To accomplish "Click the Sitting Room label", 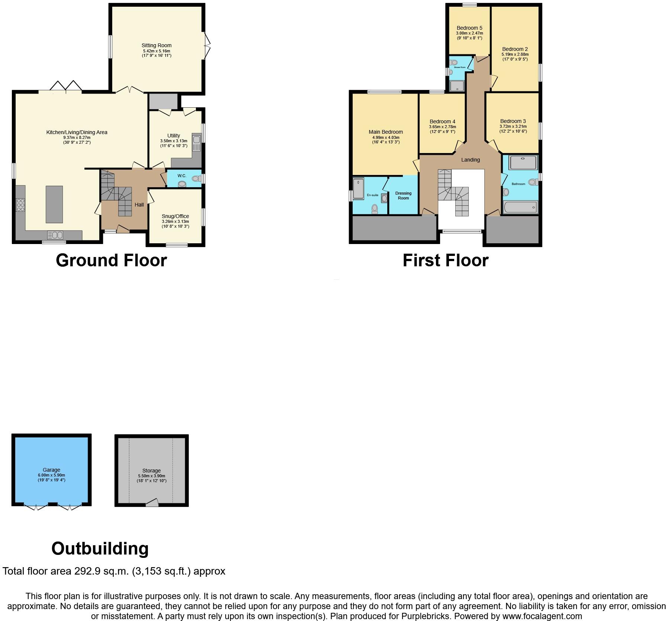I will point(156,45).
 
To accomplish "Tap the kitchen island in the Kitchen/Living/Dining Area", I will point(54,204).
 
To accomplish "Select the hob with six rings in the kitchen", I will point(20,205).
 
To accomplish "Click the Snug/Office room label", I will point(175,216).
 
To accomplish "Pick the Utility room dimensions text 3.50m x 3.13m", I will point(174,141).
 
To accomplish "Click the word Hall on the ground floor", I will point(139,205).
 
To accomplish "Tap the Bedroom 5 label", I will point(469,28).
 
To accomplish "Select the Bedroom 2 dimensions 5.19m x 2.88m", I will point(515,54).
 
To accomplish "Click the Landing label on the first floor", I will point(471,160).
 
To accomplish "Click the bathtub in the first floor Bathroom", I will point(520,207).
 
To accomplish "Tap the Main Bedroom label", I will point(386,132).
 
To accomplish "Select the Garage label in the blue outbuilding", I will point(51,470).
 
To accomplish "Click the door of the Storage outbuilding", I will point(152,503).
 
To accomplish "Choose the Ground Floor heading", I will point(111,260).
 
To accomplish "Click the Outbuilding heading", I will point(100,549).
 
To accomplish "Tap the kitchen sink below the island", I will point(55,235).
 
